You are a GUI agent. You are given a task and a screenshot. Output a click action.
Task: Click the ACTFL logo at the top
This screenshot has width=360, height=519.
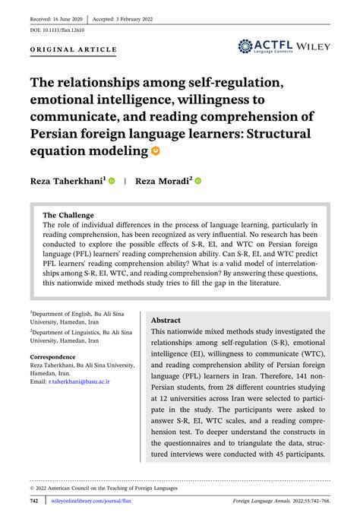click(267, 46)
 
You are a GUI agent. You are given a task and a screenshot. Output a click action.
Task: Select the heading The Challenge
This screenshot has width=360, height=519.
click(68, 215)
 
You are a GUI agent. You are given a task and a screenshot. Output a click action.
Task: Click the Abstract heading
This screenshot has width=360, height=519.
click(166, 321)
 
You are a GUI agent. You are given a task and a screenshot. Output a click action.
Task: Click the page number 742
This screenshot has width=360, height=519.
click(34, 502)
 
